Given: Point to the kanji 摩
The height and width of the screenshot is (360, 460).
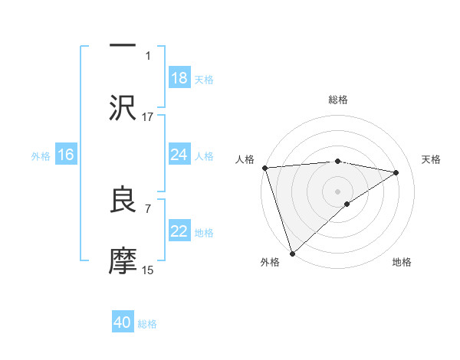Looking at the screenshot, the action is (x=123, y=261).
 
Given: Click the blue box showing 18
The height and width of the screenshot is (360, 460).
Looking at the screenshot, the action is (x=179, y=78).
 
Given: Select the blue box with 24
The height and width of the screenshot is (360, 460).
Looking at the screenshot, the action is (x=179, y=155).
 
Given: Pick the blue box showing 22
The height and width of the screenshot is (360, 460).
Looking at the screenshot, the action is (x=179, y=232).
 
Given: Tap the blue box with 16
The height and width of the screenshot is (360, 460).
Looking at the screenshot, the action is (x=66, y=155).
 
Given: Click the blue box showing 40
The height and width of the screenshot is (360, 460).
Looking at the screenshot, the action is (x=123, y=323).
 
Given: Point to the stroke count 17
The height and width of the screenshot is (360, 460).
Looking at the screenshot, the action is (x=148, y=116).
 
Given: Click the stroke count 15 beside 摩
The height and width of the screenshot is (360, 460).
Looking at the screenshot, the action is (x=148, y=270).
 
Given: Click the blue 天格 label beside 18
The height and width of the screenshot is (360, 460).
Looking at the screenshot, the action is (x=204, y=79).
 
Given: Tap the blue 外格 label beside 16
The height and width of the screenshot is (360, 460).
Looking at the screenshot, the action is (x=41, y=156).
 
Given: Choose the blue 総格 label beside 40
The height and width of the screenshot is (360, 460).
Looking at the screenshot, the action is (x=147, y=324).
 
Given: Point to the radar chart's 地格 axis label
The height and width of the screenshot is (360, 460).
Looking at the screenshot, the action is (x=402, y=262).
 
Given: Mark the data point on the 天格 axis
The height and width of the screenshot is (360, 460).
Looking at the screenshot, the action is (x=396, y=172).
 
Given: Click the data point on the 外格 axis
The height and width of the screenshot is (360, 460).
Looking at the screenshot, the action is (x=291, y=254).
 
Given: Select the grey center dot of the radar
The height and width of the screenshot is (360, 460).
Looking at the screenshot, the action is (x=337, y=191).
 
